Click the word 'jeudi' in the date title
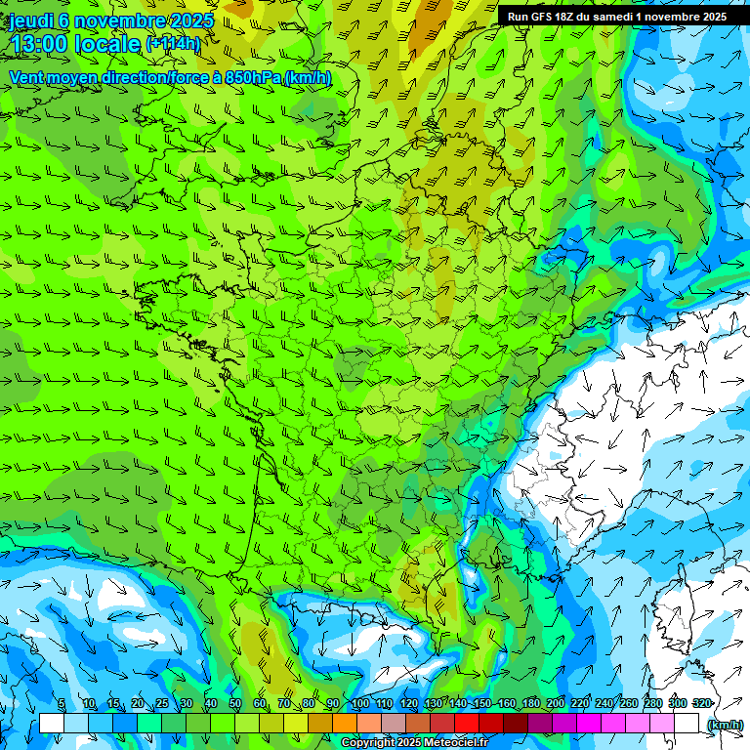click(31, 21)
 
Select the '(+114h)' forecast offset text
click(173, 44)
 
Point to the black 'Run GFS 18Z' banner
click(617, 17)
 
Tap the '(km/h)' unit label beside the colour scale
click(725, 724)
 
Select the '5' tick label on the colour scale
click(62, 704)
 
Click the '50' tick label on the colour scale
click(234, 704)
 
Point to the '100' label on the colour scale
click(359, 704)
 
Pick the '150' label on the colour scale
click(481, 704)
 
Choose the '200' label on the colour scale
click(555, 704)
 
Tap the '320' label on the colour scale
click(701, 704)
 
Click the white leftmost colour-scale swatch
click(52, 723)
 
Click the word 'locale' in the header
click(106, 44)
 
